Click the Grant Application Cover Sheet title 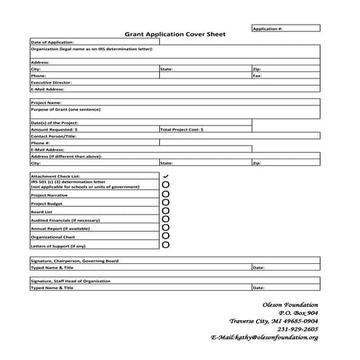[x=175, y=34]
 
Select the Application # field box [x=285, y=28]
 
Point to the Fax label [x=257, y=76]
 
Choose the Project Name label [x=47, y=103]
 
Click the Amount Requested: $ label [x=55, y=129]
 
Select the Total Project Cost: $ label [x=182, y=129]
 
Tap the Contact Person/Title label [x=55, y=136]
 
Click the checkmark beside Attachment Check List [x=166, y=176]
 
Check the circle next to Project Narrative [x=166, y=195]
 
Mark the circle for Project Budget [x=166, y=204]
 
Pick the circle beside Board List [x=166, y=212]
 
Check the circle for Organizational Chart [x=166, y=236]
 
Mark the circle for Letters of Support [x=166, y=245]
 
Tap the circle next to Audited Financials [x=166, y=220]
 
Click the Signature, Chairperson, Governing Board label [x=75, y=260]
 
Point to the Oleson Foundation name [x=290, y=304]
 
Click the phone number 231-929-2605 [x=297, y=329]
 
